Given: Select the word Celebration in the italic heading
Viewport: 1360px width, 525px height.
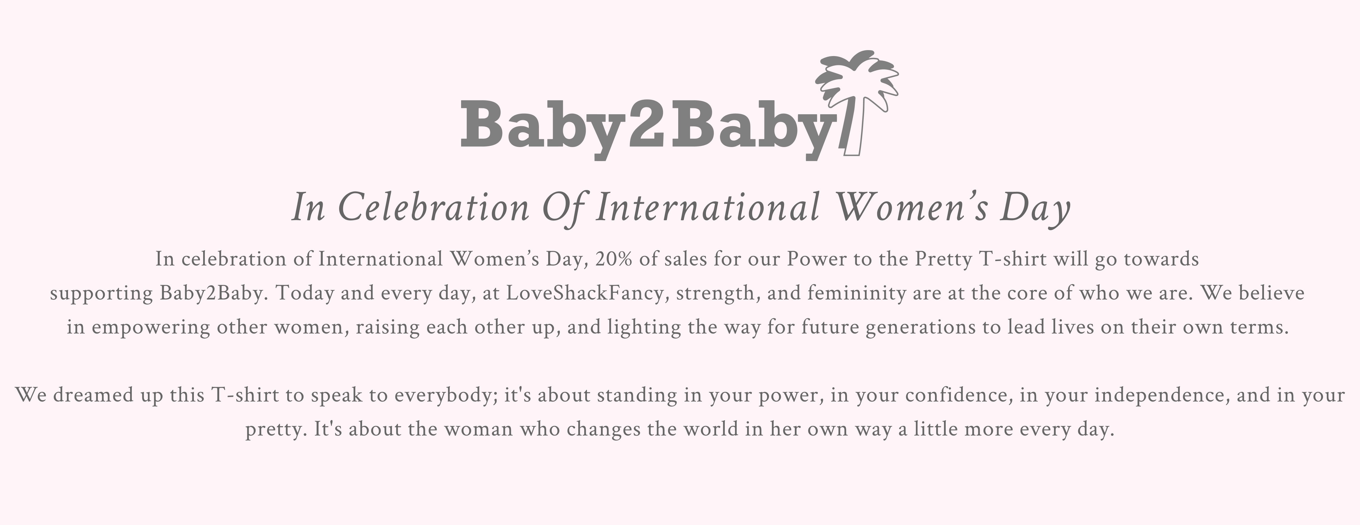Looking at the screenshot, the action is tap(433, 208).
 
